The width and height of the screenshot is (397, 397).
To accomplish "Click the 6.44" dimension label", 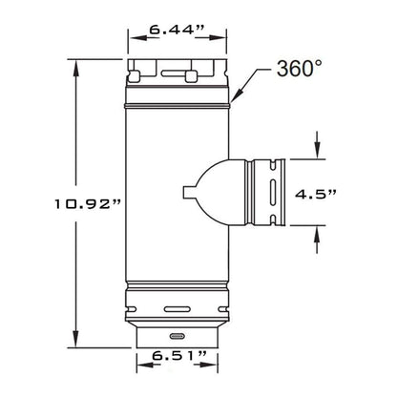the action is point(177,30).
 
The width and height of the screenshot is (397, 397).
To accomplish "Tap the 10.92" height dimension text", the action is point(88,204).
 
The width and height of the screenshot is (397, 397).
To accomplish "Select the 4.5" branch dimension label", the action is point(315,194).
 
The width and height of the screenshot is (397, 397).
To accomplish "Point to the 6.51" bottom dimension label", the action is point(179,355).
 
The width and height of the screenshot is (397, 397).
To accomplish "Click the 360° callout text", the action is point(300,69).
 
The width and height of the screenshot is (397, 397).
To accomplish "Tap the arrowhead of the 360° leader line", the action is point(237,96).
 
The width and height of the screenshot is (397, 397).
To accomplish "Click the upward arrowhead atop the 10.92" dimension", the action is point(75,68).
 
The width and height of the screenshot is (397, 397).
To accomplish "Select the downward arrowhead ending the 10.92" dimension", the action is point(75,339).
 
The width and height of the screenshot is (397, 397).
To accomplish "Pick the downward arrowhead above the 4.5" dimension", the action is point(317,151).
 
